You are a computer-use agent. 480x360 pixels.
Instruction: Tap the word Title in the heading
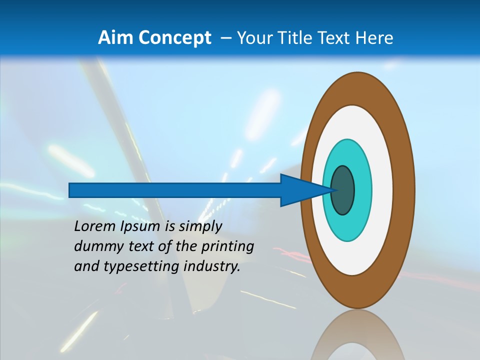pos(295,38)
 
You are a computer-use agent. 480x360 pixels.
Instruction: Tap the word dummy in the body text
pos(94,246)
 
